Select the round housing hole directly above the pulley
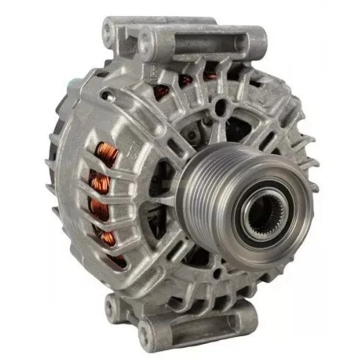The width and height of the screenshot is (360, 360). pyautogui.click(x=220, y=107)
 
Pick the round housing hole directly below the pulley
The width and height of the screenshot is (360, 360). pyautogui.click(x=217, y=273)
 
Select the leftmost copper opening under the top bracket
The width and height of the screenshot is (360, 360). pyautogui.click(x=161, y=92)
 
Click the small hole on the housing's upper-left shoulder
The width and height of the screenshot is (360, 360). pyautogui.click(x=105, y=95)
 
